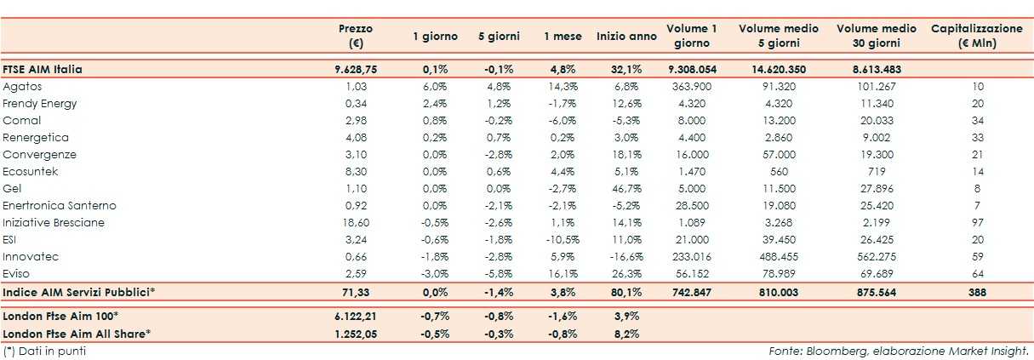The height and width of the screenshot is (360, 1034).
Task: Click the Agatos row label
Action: point(22,87)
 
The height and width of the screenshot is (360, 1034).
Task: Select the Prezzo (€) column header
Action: point(356,36)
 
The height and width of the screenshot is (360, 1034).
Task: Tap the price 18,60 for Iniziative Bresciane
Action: point(356,222)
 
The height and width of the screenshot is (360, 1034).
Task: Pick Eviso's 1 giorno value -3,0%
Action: point(435,273)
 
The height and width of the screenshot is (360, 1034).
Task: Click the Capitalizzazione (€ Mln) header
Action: point(976,36)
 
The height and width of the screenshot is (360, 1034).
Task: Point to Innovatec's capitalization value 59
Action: point(977,256)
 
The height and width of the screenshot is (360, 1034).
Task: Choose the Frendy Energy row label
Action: point(39,104)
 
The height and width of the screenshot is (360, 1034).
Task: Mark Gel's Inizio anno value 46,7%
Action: point(626,188)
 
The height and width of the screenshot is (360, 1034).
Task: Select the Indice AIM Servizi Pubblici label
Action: point(79,292)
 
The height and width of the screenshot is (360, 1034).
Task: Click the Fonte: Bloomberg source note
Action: point(899,350)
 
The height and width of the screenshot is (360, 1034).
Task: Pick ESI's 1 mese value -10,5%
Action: point(561,239)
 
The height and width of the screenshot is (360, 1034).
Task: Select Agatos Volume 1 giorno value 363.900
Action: point(692,87)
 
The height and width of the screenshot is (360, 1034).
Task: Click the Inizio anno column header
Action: point(626,37)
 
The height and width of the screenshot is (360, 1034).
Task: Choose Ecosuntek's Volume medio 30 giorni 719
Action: point(876,171)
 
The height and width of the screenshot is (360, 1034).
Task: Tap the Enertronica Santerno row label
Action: point(60,205)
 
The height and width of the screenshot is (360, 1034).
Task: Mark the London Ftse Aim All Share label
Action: point(77,333)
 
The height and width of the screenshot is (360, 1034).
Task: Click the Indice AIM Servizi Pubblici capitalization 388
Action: point(977,292)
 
